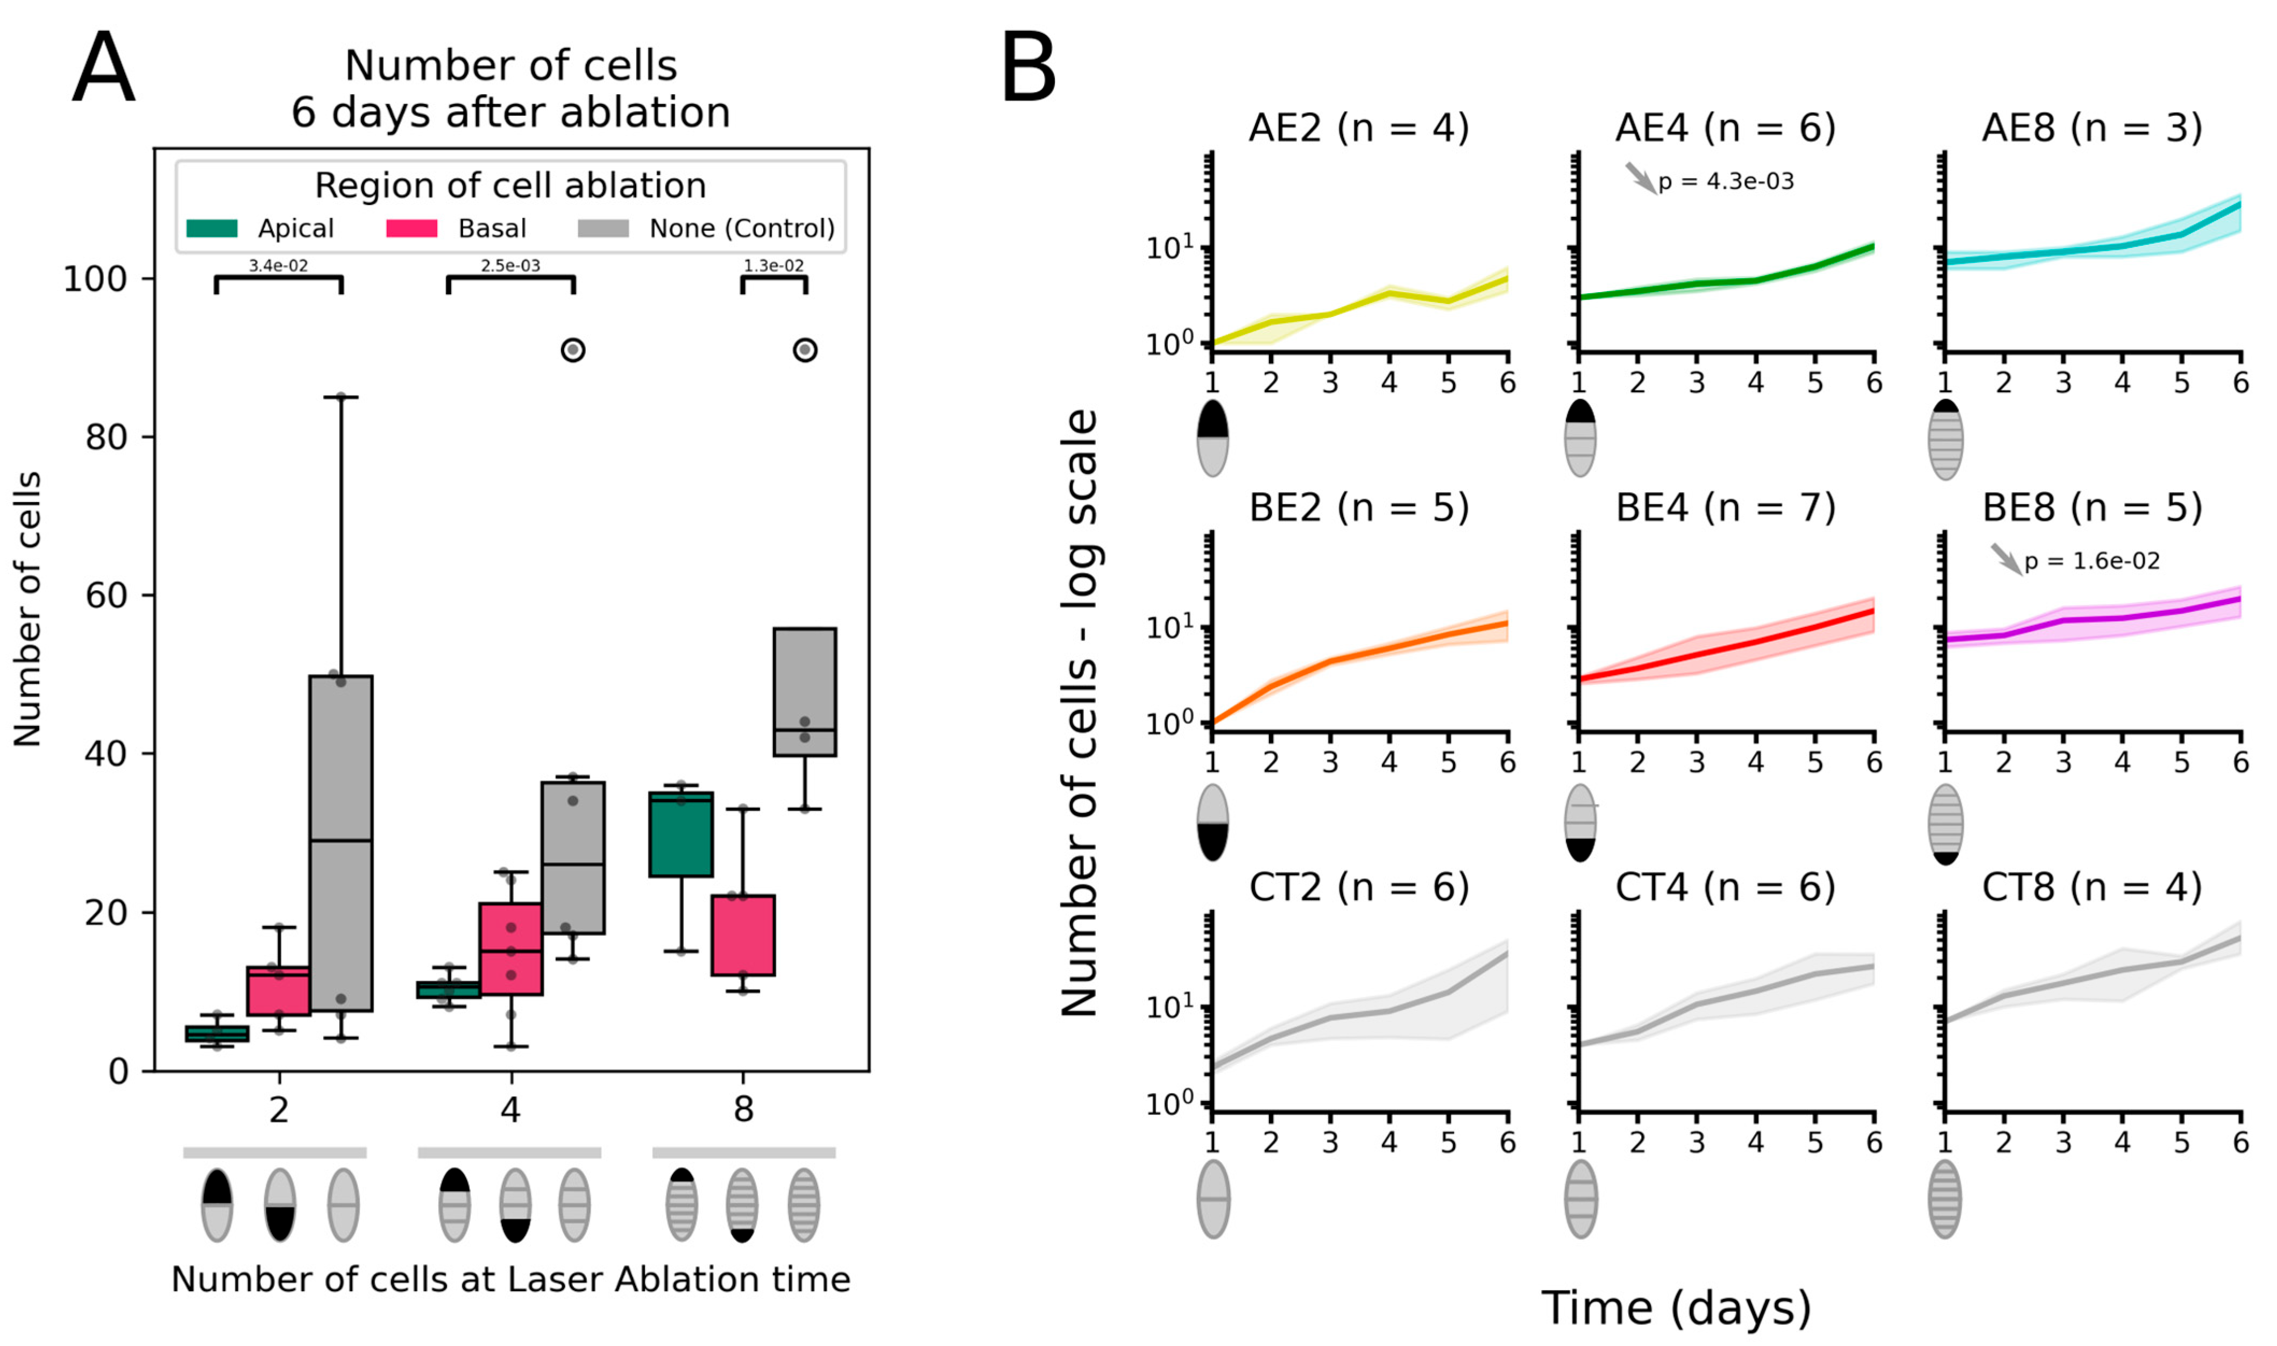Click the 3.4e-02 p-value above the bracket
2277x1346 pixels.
point(279,266)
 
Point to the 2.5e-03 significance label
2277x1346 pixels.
point(510,266)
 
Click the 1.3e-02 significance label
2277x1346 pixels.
point(774,266)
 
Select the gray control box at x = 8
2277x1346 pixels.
point(804,691)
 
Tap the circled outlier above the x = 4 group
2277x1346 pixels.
point(573,350)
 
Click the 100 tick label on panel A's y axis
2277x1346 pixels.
point(94,279)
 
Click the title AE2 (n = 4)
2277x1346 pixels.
point(1358,129)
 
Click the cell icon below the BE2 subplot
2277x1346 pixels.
point(1212,823)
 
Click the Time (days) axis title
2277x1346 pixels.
point(1676,1308)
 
